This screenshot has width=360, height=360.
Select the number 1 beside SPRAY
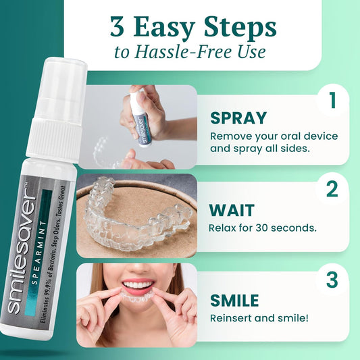click(x=332, y=101)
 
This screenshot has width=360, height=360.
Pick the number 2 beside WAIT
click(x=332, y=189)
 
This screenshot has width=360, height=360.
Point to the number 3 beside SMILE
click(x=332, y=278)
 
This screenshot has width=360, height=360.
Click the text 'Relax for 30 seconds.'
click(x=263, y=228)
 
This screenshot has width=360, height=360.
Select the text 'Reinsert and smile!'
click(x=257, y=317)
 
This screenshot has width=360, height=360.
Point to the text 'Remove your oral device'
click(x=274, y=136)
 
